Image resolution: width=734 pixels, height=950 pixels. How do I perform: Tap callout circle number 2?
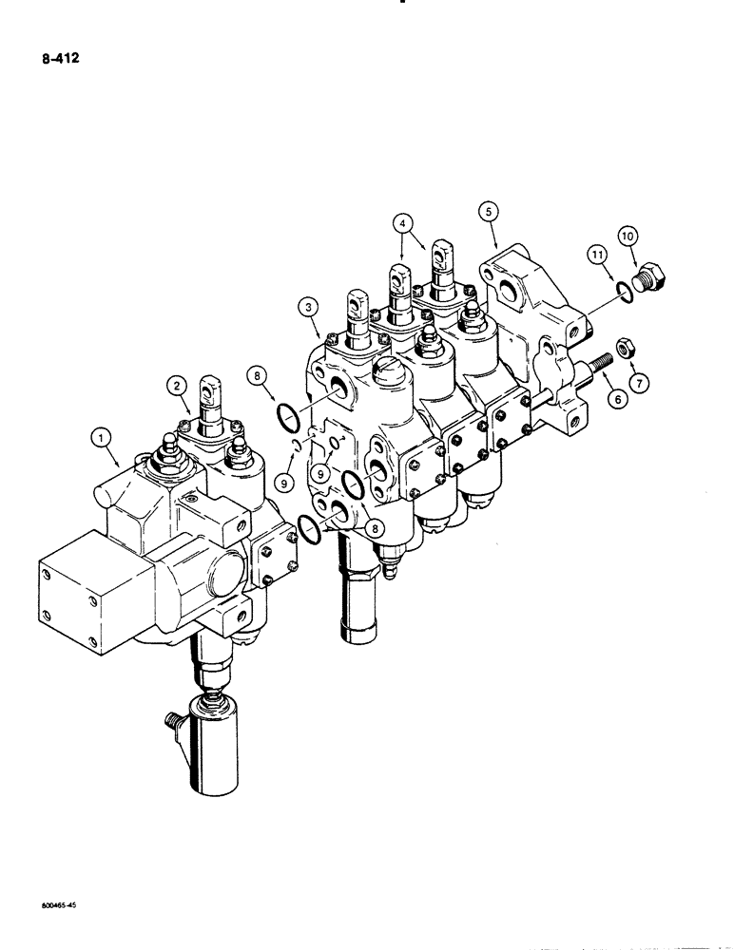[x=177, y=385]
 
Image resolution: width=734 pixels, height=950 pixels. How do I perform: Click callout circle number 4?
[x=404, y=224]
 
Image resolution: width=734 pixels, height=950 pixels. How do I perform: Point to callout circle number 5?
[x=488, y=210]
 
